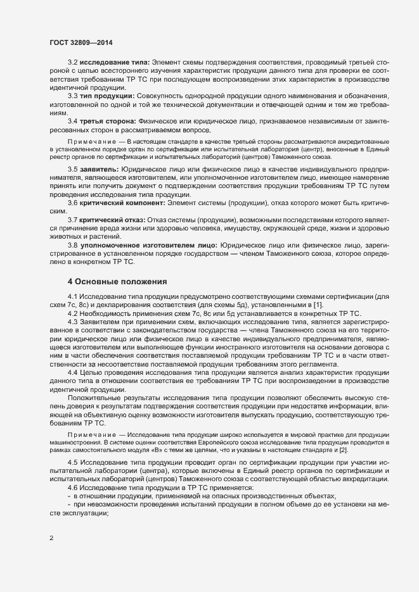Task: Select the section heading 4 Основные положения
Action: [x=117, y=280]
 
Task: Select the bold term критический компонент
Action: [x=121, y=220]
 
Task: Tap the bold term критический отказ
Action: [x=112, y=236]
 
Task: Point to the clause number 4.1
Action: [x=72, y=296]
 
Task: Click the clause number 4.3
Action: [x=72, y=322]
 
